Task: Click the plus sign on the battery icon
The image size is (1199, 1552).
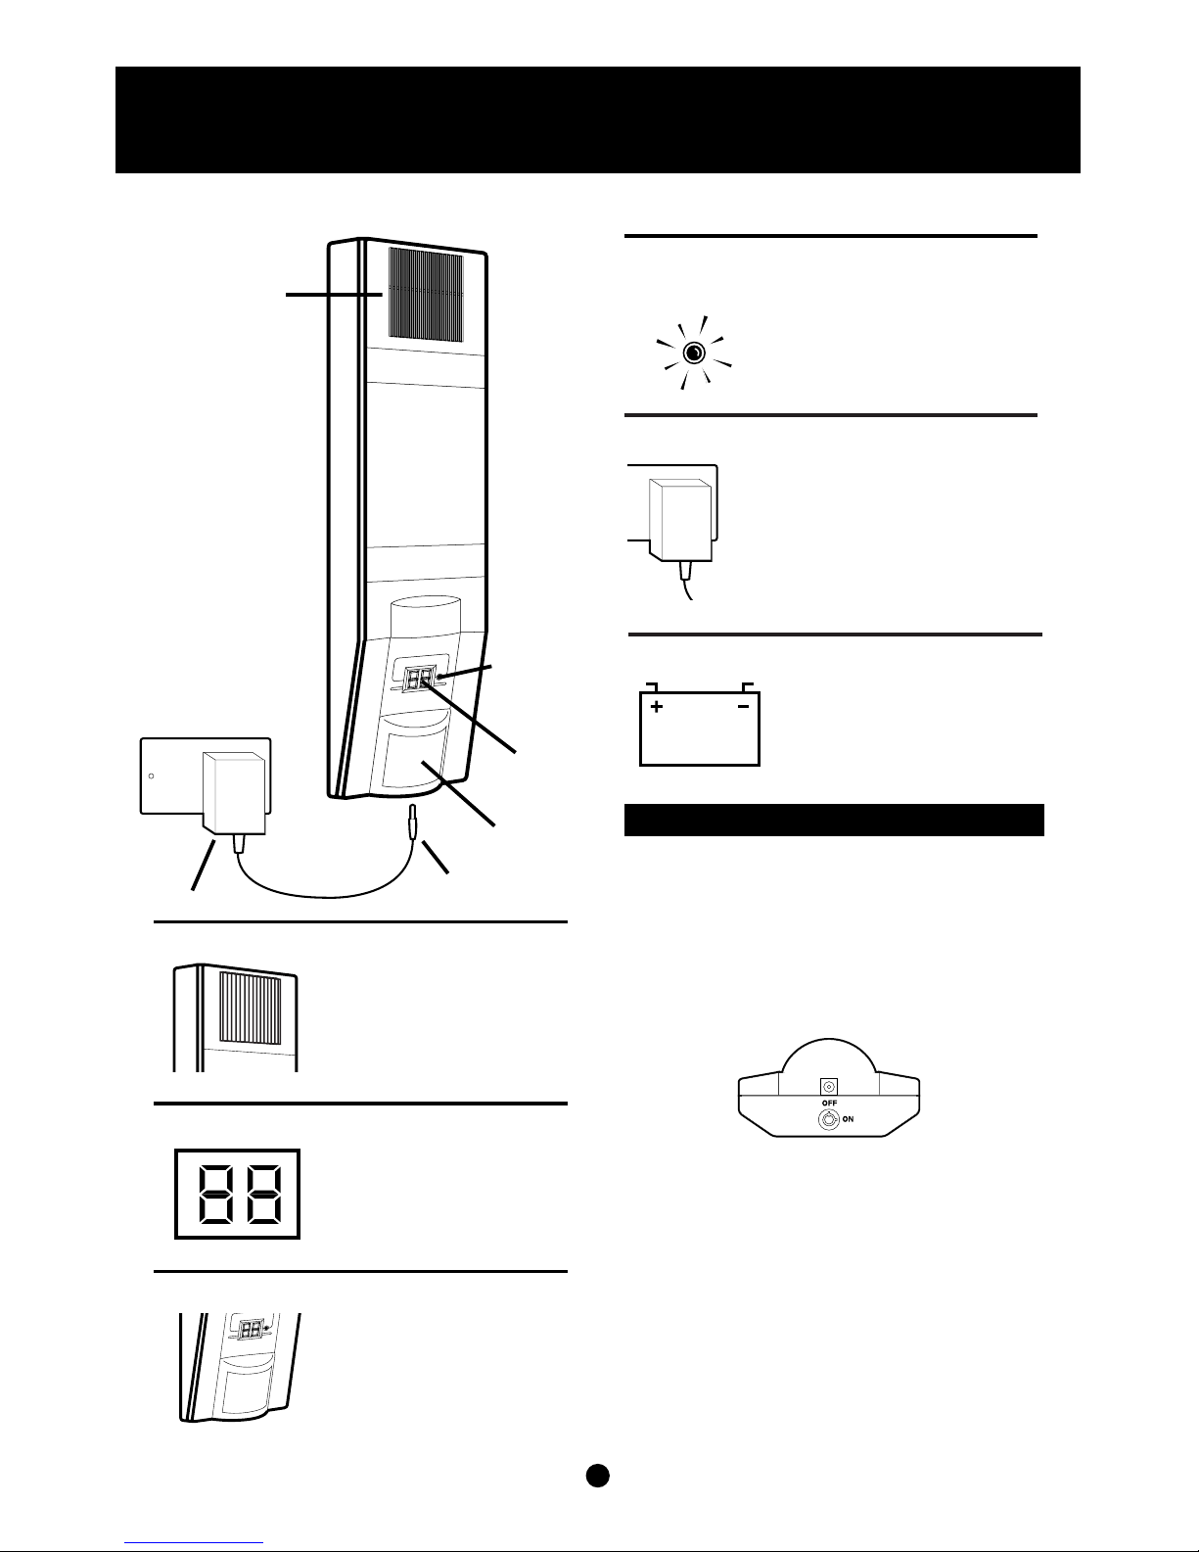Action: (656, 706)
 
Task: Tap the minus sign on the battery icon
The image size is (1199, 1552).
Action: (743, 706)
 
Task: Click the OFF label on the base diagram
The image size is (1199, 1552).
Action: (829, 1103)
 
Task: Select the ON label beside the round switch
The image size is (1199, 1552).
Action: (848, 1119)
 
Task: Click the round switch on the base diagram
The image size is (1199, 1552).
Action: (829, 1119)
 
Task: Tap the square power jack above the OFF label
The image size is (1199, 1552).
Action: (829, 1087)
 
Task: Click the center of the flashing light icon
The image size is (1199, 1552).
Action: (694, 353)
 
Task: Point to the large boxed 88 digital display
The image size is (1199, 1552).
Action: (238, 1194)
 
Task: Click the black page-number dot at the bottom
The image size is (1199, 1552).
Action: (597, 1475)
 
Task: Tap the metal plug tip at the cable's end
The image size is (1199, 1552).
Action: (412, 821)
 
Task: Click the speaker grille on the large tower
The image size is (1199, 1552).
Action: (426, 294)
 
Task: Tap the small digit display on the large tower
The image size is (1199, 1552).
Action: (420, 678)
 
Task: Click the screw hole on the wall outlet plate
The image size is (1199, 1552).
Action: (152, 776)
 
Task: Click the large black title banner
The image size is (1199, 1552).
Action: (597, 120)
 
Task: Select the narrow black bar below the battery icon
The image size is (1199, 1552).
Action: (834, 820)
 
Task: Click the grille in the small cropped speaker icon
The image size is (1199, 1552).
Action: (250, 1008)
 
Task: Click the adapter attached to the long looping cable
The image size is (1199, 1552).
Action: (234, 794)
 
